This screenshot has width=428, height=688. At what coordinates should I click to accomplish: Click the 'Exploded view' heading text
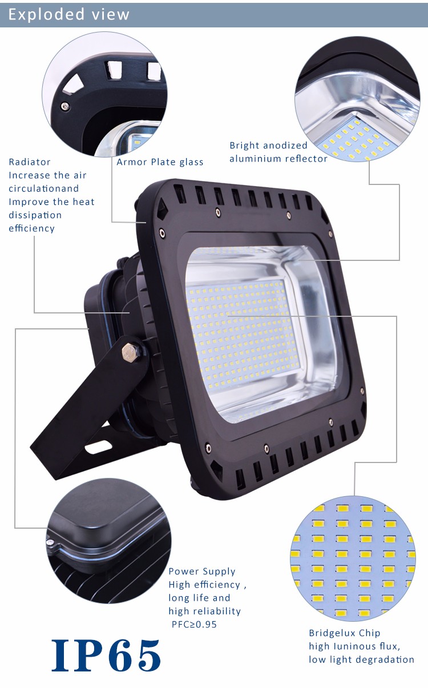pyautogui.click(x=69, y=14)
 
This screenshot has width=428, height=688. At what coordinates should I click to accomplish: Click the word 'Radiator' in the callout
pyautogui.click(x=30, y=162)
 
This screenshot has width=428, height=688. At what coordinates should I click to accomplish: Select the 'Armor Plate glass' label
pyautogui.click(x=160, y=162)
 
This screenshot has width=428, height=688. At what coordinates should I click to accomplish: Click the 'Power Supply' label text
pyautogui.click(x=202, y=572)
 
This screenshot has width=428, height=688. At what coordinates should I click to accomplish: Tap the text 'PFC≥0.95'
pyautogui.click(x=194, y=625)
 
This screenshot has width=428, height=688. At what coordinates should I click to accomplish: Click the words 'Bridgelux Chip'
pyautogui.click(x=345, y=633)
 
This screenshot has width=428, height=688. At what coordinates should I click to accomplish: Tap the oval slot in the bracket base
pyautogui.click(x=98, y=447)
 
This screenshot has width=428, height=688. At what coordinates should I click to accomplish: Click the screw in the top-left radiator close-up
pyautogui.click(x=65, y=107)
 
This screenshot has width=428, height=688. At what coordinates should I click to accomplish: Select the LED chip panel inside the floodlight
pyautogui.click(x=243, y=333)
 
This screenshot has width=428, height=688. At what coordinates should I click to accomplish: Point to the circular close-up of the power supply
pyautogui.click(x=108, y=541)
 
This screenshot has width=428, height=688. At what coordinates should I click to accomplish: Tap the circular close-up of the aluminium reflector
pyautogui.click(x=357, y=99)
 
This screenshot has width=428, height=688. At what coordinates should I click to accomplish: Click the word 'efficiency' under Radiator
pyautogui.click(x=31, y=228)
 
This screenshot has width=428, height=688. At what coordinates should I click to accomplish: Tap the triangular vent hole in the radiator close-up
pyautogui.click(x=74, y=83)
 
